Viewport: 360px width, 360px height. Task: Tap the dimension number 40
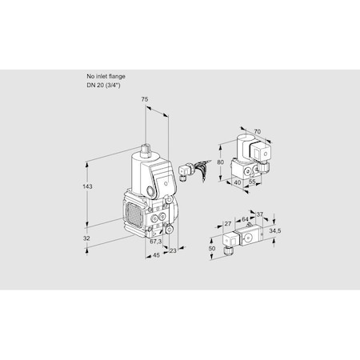click(238, 182)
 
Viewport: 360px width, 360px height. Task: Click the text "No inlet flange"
click(106, 76)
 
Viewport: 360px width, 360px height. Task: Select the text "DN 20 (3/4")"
click(105, 85)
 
